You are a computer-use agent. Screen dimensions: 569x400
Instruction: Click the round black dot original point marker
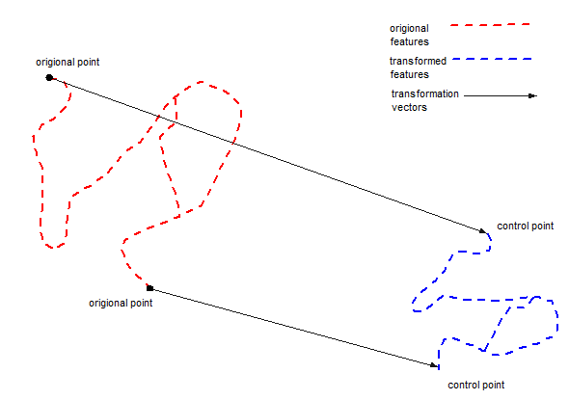pyautogui.click(x=49, y=77)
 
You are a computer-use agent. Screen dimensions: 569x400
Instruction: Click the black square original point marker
pyautogui.click(x=149, y=288)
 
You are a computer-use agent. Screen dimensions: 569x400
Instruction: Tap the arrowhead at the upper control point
pyautogui.click(x=482, y=230)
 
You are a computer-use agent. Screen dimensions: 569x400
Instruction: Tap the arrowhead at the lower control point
pyautogui.click(x=434, y=365)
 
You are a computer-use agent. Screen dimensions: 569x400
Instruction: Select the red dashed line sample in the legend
pyautogui.click(x=490, y=25)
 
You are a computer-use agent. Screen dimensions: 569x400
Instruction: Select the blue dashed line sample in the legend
pyautogui.click(x=492, y=59)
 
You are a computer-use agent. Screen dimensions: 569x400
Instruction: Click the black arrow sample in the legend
pyautogui.click(x=501, y=95)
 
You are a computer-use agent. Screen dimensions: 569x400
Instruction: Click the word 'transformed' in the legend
pyautogui.click(x=418, y=61)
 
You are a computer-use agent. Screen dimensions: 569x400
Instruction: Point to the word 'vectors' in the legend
pyautogui.click(x=409, y=107)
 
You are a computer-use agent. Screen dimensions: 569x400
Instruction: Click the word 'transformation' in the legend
pyautogui.click(x=425, y=93)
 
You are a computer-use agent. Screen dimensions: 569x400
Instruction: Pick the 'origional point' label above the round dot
pyautogui.click(x=68, y=63)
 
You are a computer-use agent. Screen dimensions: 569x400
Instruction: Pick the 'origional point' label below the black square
pyautogui.click(x=121, y=304)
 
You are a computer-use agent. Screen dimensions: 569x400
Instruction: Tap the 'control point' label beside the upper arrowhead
pyautogui.click(x=525, y=227)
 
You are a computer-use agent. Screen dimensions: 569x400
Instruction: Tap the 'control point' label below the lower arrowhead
pyautogui.click(x=476, y=386)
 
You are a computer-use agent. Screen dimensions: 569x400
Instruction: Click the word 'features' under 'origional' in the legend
pyautogui.click(x=409, y=41)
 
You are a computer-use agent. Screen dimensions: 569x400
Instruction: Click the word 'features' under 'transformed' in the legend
pyautogui.click(x=409, y=74)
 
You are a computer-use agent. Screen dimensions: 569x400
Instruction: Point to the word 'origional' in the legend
pyautogui.click(x=409, y=29)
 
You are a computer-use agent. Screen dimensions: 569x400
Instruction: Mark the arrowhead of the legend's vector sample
pyautogui.click(x=533, y=95)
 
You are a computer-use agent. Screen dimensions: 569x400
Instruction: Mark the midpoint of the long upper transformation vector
pyautogui.click(x=268, y=154)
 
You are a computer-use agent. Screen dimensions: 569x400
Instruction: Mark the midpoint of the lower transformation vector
pyautogui.click(x=294, y=327)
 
